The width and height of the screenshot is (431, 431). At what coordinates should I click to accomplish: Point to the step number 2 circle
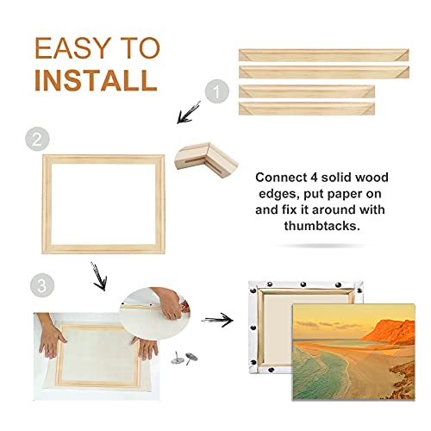point(36,140)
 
